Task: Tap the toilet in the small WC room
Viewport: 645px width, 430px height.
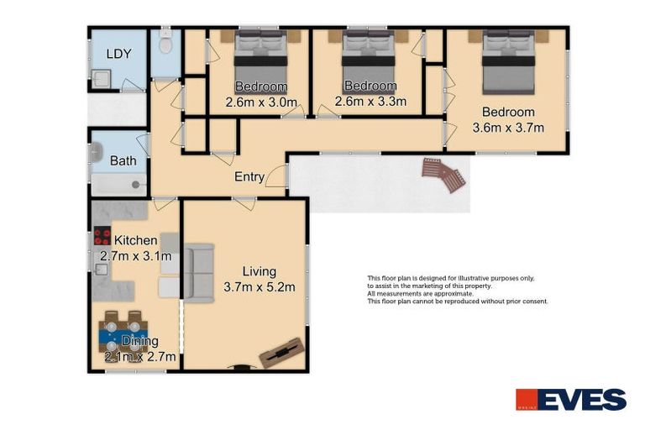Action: [x=165, y=42]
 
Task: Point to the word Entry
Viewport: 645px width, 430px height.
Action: [x=249, y=176]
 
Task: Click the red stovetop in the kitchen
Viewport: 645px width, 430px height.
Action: [x=102, y=237]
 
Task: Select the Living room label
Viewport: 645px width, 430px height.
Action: [x=259, y=271]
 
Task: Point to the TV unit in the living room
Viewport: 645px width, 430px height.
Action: [x=281, y=352]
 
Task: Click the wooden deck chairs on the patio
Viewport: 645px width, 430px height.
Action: [x=443, y=175]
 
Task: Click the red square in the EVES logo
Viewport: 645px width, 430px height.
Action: [x=527, y=400]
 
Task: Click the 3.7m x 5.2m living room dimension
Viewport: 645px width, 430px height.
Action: [x=259, y=287]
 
